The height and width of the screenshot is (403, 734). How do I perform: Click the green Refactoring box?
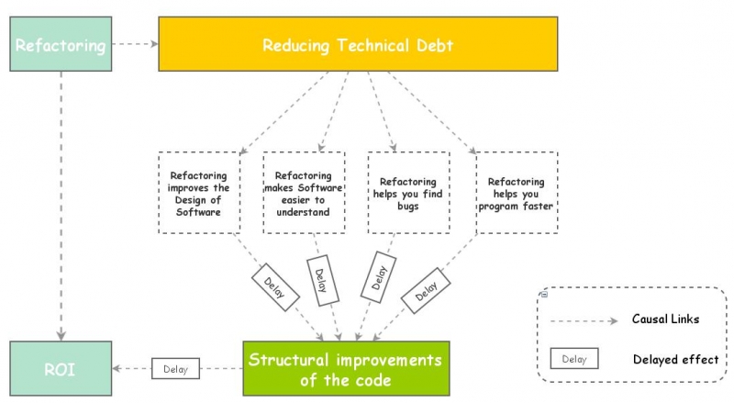[60, 44]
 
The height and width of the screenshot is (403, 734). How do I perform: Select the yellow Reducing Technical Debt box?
[358, 44]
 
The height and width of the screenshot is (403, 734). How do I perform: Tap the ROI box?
[60, 369]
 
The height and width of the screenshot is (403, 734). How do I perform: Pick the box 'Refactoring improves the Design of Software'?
[200, 194]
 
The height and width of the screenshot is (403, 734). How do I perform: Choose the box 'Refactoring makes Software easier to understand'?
[304, 194]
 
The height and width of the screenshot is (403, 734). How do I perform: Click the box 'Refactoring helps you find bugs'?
[408, 194]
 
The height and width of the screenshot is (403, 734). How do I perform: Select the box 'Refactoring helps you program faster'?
[516, 194]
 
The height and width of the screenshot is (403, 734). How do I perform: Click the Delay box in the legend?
[574, 358]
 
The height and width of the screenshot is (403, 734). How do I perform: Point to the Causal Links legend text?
[665, 319]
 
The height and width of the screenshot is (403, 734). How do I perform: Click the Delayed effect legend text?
[675, 359]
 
